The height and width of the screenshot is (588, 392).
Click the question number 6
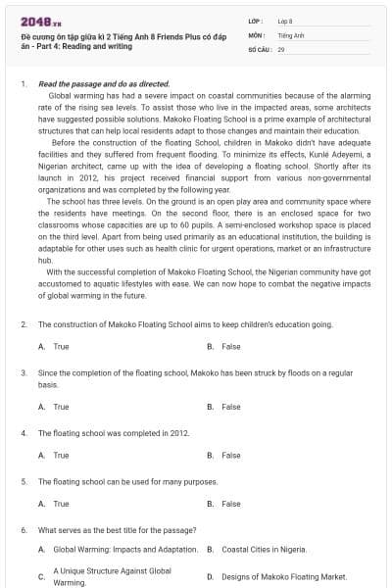[x=23, y=529]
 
